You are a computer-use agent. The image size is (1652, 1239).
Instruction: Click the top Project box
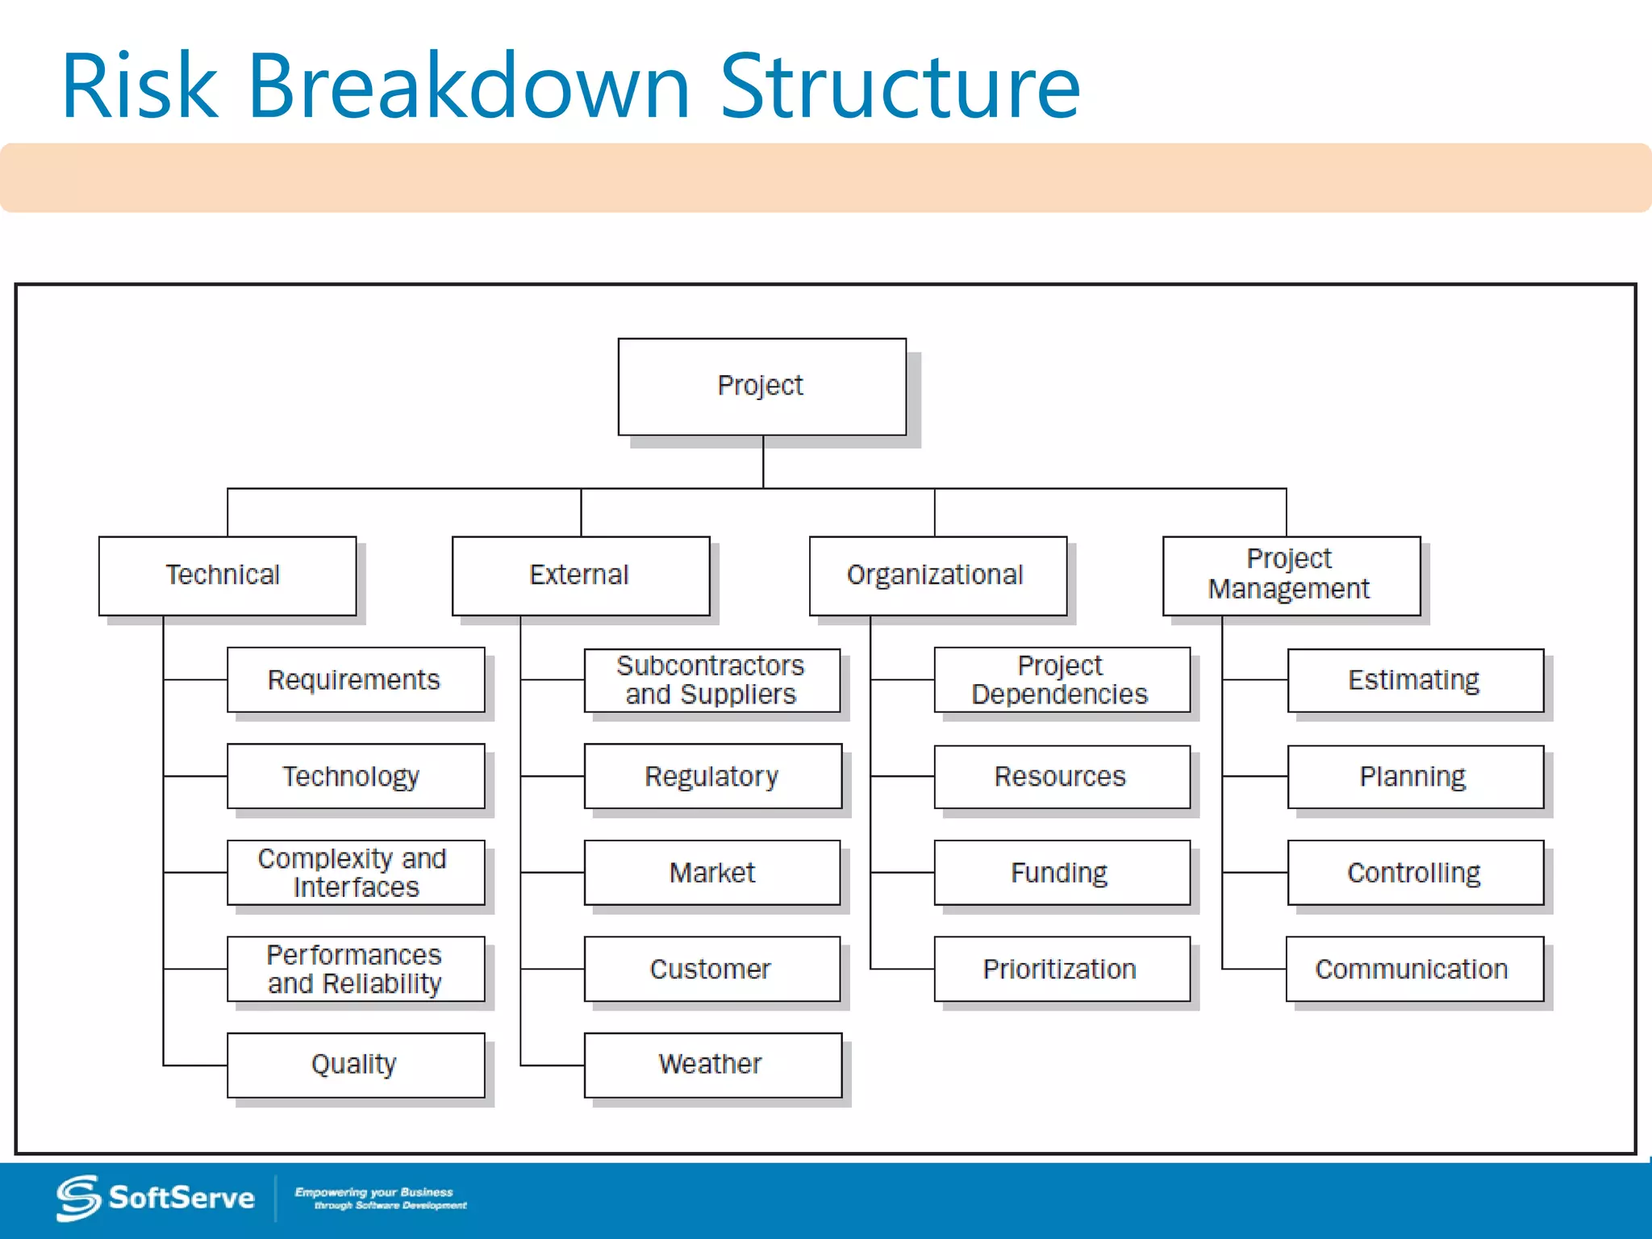click(x=761, y=386)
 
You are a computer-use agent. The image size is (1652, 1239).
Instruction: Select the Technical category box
click(x=227, y=575)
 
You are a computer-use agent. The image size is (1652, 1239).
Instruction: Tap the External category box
click(x=580, y=575)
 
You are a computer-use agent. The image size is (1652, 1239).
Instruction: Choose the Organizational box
click(x=937, y=575)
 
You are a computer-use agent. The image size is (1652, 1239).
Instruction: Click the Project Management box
click(x=1291, y=575)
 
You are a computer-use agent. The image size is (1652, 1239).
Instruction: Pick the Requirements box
click(x=355, y=679)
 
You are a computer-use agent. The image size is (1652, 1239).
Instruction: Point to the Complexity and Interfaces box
click(x=355, y=872)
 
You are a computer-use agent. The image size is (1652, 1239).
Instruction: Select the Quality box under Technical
click(x=355, y=1064)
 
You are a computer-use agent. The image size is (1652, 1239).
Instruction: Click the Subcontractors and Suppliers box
click(x=711, y=680)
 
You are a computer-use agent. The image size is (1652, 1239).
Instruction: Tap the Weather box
click(x=711, y=1064)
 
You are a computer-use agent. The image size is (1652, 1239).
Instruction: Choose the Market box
click(x=711, y=872)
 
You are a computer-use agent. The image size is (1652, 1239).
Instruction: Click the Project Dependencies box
click(x=1062, y=680)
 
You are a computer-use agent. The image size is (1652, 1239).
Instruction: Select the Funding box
click(x=1062, y=872)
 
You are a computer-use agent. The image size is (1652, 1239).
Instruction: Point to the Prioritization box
click(x=1062, y=968)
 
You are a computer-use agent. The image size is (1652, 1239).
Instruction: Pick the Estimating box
click(x=1415, y=680)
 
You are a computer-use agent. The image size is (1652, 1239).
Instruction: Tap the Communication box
click(x=1414, y=968)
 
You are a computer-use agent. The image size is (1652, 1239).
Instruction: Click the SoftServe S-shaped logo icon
click(x=78, y=1198)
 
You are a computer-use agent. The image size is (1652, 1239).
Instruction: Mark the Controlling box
click(x=1415, y=872)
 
